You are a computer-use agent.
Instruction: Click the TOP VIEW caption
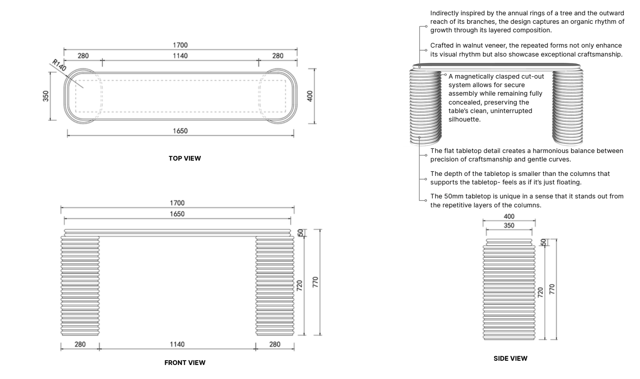click(x=185, y=158)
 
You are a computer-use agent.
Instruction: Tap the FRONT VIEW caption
click(x=185, y=362)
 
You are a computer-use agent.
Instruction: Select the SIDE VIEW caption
click(x=510, y=358)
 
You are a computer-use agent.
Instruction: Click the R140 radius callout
click(x=59, y=65)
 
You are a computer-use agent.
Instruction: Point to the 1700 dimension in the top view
click(x=180, y=45)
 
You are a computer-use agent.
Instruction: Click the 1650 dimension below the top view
click(x=180, y=131)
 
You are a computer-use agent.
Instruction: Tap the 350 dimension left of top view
click(x=46, y=96)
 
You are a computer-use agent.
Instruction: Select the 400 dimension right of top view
click(x=310, y=96)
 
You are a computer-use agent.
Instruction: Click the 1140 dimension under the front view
click(x=177, y=344)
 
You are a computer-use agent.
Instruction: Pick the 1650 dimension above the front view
click(x=177, y=214)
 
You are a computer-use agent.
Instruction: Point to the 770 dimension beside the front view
click(x=315, y=282)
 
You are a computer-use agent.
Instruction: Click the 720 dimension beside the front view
click(x=299, y=286)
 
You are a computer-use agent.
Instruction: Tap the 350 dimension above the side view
click(x=509, y=225)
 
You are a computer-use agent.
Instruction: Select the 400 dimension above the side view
click(x=509, y=216)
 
